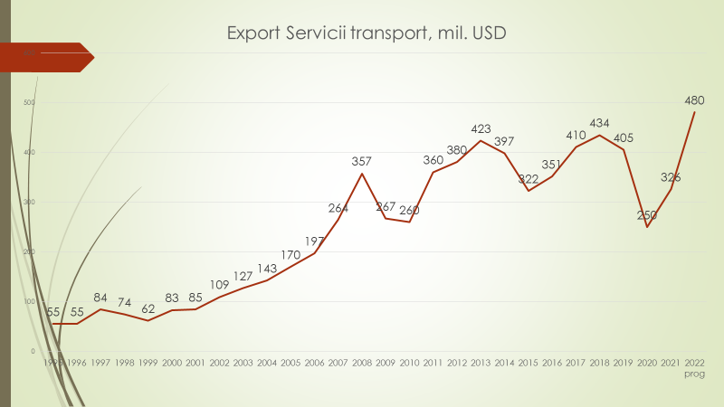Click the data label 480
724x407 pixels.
click(695, 100)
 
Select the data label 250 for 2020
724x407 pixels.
click(647, 215)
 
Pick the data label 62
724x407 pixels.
click(148, 308)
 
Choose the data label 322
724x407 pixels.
click(528, 178)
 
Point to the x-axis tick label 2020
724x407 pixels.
click(647, 363)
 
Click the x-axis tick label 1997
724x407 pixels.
click(100, 363)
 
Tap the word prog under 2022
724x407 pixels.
click(695, 373)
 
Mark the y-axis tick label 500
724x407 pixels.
click(29, 103)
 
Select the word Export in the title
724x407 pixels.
click(253, 34)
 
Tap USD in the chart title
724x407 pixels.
click(489, 34)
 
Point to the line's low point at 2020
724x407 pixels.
click(647, 227)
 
